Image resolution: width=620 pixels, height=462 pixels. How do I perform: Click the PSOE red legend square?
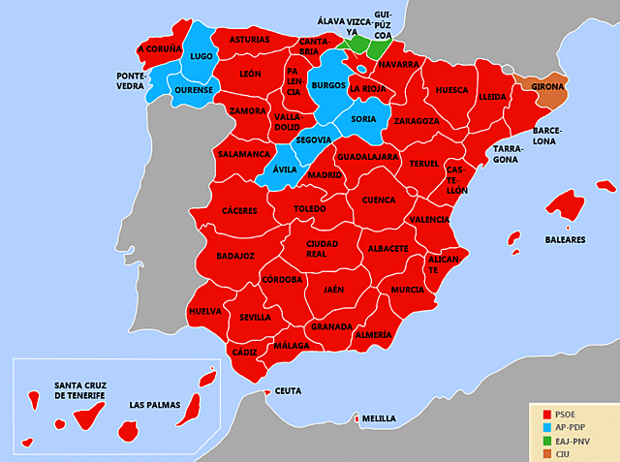pyautogui.click(x=546, y=414)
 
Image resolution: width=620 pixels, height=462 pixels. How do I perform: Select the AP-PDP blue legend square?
pyautogui.click(x=546, y=427)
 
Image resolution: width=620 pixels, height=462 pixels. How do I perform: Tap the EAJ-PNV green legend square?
pyautogui.click(x=546, y=441)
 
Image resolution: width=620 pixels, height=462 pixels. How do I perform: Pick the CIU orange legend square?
pyautogui.click(x=546, y=453)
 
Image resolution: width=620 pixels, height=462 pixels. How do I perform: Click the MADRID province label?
pyautogui.click(x=325, y=175)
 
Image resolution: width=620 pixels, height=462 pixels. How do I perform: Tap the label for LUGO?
pyautogui.click(x=201, y=57)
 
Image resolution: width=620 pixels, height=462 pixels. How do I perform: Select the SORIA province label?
pyautogui.click(x=363, y=119)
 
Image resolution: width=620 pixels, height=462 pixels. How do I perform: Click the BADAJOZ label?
pyautogui.click(x=235, y=256)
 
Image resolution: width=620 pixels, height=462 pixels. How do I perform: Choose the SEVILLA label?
pyautogui.click(x=256, y=317)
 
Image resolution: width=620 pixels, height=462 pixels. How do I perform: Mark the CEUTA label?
pyautogui.click(x=289, y=391)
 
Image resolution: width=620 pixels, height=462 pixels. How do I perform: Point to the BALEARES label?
pyautogui.click(x=564, y=240)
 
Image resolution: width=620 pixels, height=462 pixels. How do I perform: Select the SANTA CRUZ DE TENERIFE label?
pyautogui.click(x=86, y=390)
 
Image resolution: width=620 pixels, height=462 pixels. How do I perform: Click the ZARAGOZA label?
pyautogui.click(x=417, y=121)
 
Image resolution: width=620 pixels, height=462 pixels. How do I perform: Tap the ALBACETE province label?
pyautogui.click(x=387, y=248)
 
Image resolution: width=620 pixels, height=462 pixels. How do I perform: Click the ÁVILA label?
pyautogui.click(x=284, y=169)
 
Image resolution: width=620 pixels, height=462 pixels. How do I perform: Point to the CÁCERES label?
pyautogui.click(x=239, y=210)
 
